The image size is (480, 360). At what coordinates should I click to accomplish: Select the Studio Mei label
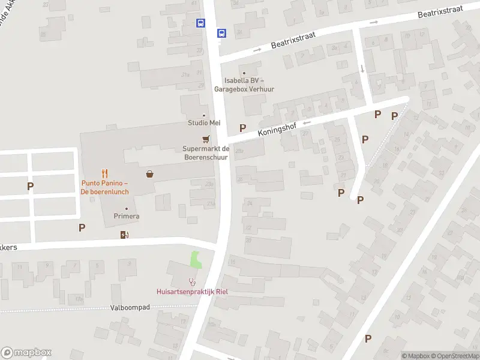pos(204,123)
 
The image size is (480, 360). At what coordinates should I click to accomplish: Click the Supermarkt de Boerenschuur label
pos(206,152)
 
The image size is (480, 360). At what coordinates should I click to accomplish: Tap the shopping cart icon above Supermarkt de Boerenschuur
pos(206,139)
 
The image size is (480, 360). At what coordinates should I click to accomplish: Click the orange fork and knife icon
pos(105,173)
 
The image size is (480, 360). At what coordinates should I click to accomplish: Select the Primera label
pos(126,216)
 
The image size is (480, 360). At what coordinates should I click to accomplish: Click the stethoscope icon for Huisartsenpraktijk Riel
pos(192,281)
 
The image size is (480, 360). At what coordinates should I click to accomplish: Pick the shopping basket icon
pos(149,174)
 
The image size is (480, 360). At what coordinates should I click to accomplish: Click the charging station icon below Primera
pos(125,235)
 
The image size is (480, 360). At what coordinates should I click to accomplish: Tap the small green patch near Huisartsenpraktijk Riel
pos(196,260)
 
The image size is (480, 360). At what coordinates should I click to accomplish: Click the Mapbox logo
pos(26,353)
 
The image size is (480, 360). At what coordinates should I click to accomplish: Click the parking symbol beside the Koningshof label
pos(243,128)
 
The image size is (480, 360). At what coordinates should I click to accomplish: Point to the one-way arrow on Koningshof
pos(307,123)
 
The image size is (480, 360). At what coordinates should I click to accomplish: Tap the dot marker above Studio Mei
pos(204,115)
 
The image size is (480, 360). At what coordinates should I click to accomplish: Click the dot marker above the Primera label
pos(126,208)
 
